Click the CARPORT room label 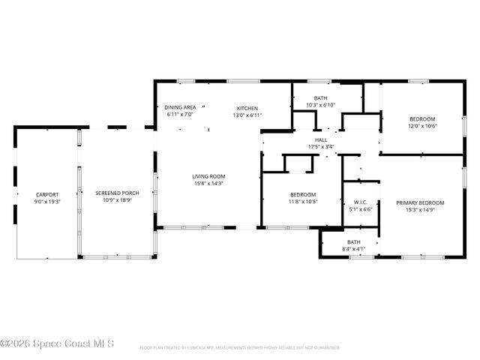(46, 194)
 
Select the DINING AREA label (179, 108)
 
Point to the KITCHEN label (247, 108)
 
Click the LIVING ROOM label (208, 176)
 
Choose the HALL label (321, 139)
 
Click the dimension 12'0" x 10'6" (422, 126)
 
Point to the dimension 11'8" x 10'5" (303, 202)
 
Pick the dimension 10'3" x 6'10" (321, 105)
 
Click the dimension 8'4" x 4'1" (353, 248)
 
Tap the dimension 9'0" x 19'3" (46, 202)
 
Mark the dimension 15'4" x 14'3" (208, 183)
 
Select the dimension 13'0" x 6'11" (247, 115)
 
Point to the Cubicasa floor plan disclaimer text (240, 348)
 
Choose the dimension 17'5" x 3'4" (321, 146)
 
